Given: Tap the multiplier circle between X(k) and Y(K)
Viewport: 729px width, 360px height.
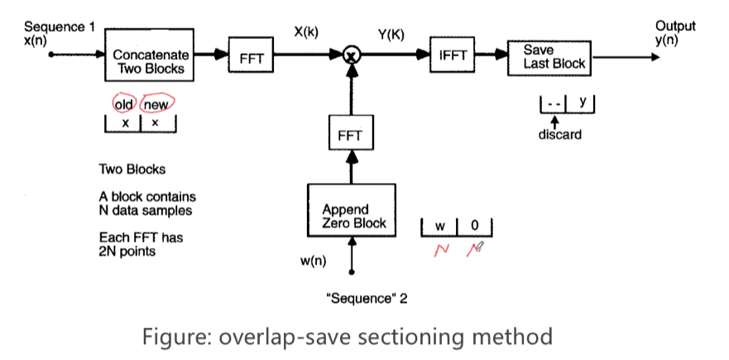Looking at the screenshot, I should pos(352,55).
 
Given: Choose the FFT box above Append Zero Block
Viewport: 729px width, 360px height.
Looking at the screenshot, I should pos(352,135).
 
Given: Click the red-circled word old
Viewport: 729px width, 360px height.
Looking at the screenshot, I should pos(124,104).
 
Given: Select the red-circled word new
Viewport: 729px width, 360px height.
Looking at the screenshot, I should pos(157,105).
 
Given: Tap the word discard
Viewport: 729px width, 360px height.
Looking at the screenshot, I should pos(559,135).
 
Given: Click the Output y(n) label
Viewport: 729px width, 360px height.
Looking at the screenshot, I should pos(675,33).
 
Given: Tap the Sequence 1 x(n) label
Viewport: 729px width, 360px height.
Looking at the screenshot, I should pos(59,33).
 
